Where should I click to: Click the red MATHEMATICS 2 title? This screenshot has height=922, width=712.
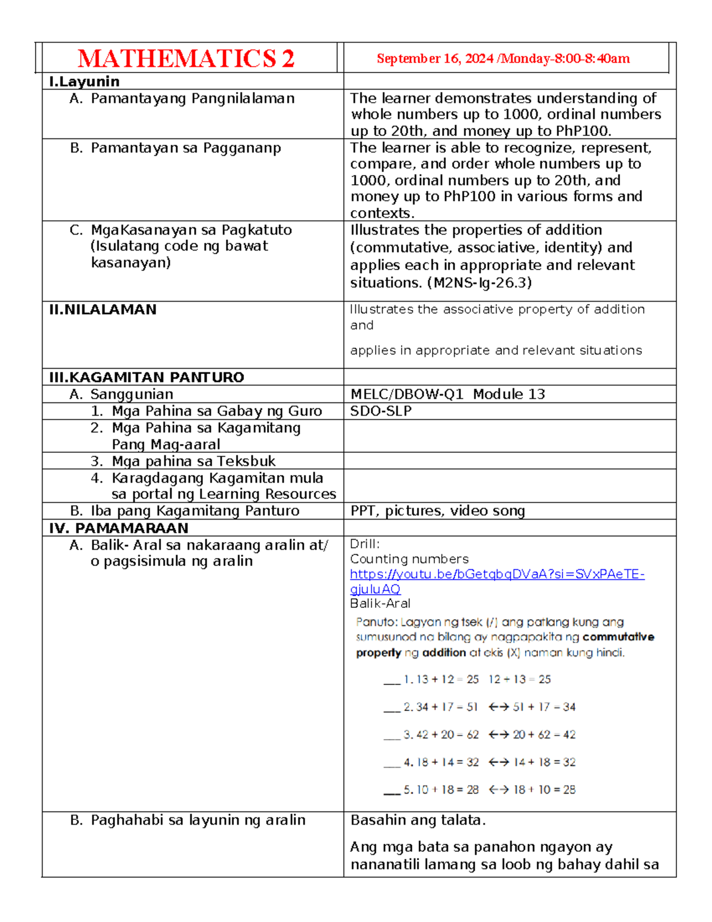coord(186,59)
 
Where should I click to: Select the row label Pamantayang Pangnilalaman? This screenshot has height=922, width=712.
coord(192,99)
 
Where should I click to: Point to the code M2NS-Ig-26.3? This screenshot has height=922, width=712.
coord(479,283)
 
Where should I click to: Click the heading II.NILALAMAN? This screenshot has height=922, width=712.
coord(103,310)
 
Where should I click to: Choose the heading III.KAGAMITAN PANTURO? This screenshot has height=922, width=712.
coord(147,378)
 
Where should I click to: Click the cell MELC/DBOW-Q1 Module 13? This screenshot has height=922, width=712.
coord(447,394)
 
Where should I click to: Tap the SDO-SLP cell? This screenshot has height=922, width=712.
coord(380,411)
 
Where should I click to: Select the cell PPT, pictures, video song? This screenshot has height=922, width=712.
coord(437,511)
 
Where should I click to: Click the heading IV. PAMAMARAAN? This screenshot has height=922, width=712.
coord(119,528)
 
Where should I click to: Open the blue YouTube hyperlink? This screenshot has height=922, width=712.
coord(497,575)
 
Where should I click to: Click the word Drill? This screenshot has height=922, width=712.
coord(364,544)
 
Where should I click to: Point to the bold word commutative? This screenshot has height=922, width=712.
coord(618,637)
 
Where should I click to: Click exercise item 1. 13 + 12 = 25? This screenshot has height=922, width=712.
coord(441,679)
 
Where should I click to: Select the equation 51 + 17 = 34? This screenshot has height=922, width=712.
coord(544,707)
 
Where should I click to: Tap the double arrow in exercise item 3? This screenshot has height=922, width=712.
coord(498,735)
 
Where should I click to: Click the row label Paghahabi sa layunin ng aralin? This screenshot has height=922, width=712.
coord(198,820)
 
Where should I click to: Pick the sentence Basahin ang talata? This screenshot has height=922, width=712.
coord(418,820)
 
